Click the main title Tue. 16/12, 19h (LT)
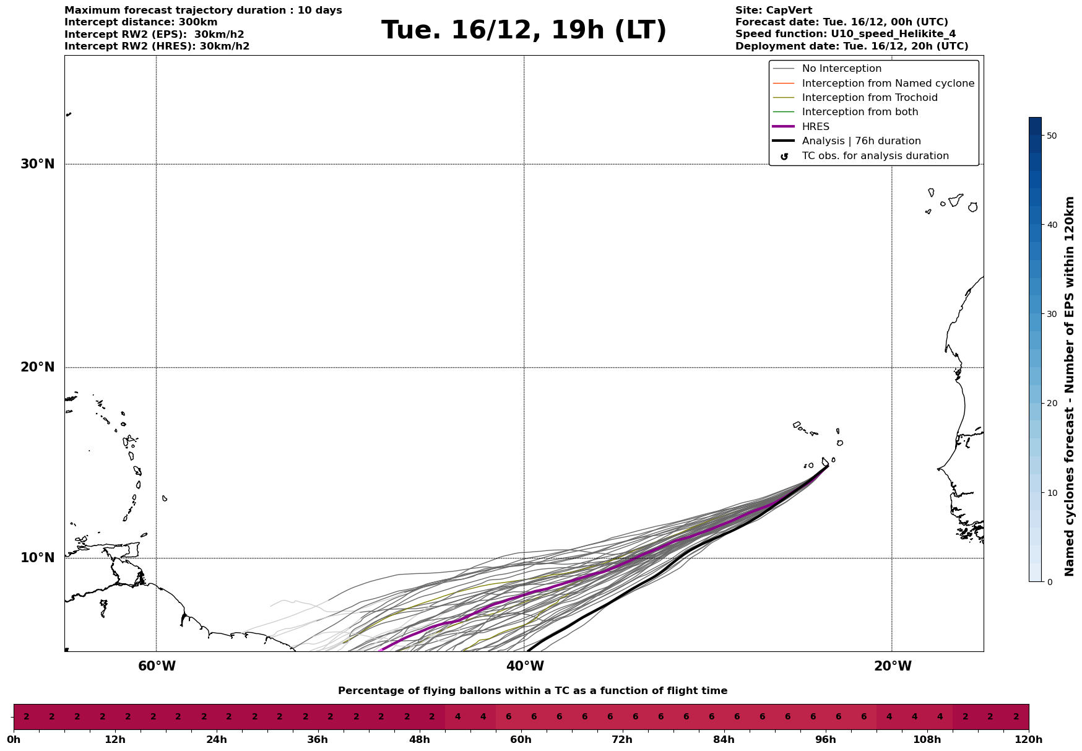click(524, 30)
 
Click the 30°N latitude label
click(38, 164)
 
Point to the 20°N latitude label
click(38, 367)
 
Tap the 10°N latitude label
click(38, 558)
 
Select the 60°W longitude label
click(157, 666)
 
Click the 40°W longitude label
click(525, 666)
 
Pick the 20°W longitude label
click(893, 666)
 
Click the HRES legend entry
click(815, 127)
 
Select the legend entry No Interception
click(841, 69)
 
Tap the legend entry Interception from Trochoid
click(869, 98)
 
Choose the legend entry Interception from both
click(860, 112)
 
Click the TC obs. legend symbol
click(784, 157)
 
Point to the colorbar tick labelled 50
click(1051, 136)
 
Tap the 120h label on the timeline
click(1029, 740)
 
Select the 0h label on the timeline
click(14, 740)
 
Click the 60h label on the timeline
click(521, 740)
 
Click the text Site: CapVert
click(773, 11)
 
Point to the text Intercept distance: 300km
click(141, 22)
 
